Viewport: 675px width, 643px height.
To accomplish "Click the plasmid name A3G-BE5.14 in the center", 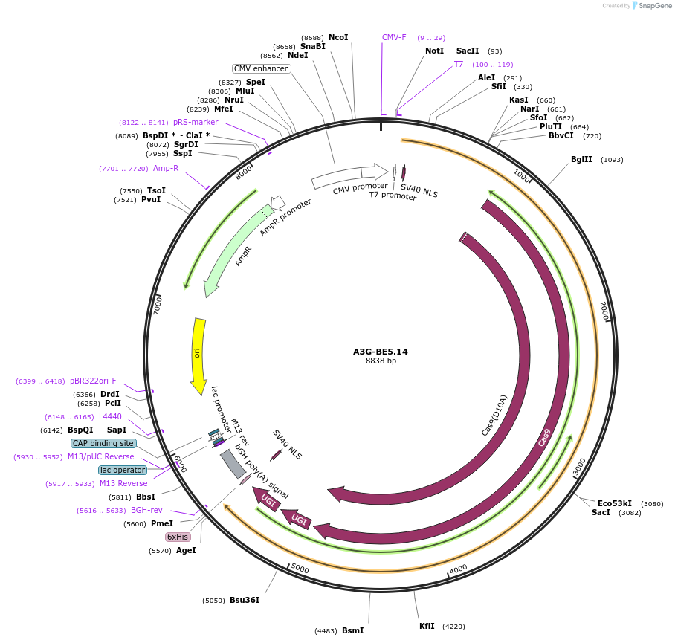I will [x=380, y=352].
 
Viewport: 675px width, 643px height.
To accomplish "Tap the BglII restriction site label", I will [x=581, y=160].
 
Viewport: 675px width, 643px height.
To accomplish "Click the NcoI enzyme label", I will [x=338, y=37].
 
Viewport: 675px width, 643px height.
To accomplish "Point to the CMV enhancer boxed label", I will [x=261, y=68].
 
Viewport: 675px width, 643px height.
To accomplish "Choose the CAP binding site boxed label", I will [x=103, y=443].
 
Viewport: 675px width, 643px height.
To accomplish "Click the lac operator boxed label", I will [x=123, y=470].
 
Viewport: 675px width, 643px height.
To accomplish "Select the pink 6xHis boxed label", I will [x=178, y=537].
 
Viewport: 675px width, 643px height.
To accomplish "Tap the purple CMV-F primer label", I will [x=394, y=37].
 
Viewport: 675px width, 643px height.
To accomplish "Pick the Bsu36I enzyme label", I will [x=245, y=600].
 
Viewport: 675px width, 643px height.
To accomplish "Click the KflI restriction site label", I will [x=427, y=626].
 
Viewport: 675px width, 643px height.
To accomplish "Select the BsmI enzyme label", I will [x=352, y=630].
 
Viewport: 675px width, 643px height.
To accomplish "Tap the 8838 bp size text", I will [x=381, y=361].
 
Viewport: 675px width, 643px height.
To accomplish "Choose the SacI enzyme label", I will [x=601, y=512].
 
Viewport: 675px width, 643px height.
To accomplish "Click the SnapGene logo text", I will [x=655, y=6].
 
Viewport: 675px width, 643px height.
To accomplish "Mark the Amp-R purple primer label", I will [x=166, y=168].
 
